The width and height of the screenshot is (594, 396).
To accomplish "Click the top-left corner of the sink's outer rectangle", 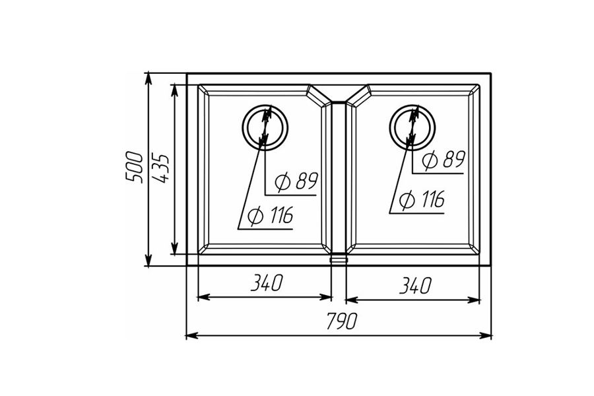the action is [x=187, y=73].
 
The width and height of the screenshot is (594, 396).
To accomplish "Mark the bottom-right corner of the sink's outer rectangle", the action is [x=491, y=265].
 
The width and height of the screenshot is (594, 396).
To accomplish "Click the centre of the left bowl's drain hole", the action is [x=265, y=127].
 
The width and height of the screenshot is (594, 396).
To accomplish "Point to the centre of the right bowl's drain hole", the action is [x=412, y=127].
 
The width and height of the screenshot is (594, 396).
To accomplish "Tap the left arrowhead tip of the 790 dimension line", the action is [x=185, y=335].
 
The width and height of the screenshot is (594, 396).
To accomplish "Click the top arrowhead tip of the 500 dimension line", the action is [x=148, y=73].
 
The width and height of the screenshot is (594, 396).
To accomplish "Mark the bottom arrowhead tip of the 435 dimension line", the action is [x=174, y=254].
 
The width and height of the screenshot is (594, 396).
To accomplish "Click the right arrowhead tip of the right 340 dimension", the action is [x=480, y=300].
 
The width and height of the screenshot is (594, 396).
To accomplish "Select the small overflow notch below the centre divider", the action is [x=338, y=259].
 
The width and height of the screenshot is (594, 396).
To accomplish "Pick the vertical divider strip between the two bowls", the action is [x=338, y=178].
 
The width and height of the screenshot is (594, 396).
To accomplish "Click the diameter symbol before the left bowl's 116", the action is [x=255, y=216].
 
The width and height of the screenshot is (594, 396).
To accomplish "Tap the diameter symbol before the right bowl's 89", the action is [x=430, y=160].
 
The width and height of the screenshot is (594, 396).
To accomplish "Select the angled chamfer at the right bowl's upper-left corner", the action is [x=357, y=95].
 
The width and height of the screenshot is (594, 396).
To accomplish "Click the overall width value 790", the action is [x=341, y=321].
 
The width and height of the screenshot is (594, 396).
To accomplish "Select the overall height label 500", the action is [x=135, y=167].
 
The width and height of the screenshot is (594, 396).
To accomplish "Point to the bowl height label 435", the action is [x=160, y=168].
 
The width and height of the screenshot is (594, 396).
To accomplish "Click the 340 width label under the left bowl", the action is [x=267, y=283].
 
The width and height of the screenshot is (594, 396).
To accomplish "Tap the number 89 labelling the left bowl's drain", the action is [x=306, y=181].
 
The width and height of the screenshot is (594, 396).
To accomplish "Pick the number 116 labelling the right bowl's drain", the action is [x=431, y=199].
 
